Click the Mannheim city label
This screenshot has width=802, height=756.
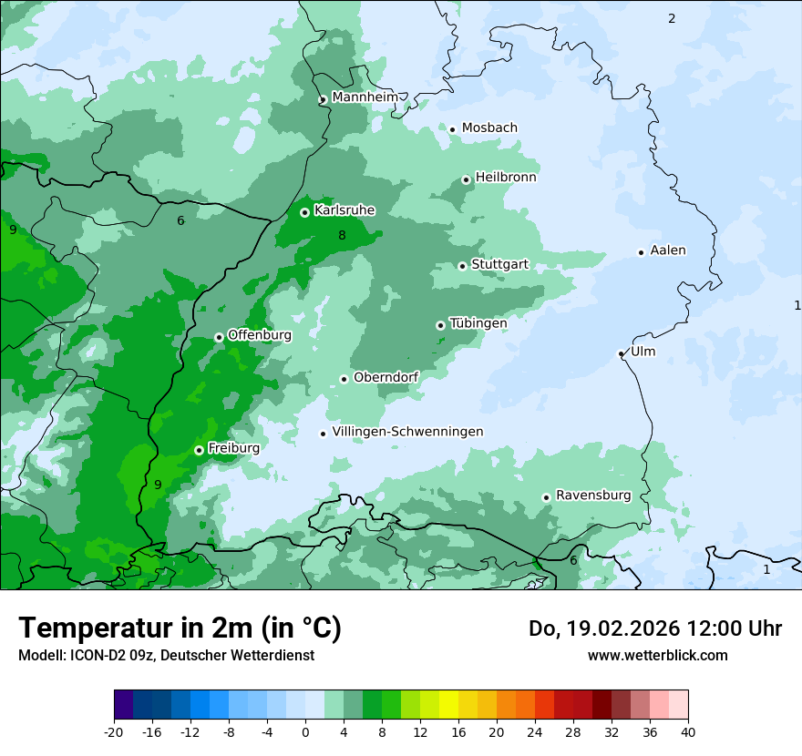click(363, 97)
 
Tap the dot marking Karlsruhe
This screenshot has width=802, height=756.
click(304, 212)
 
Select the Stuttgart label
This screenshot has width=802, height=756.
click(499, 264)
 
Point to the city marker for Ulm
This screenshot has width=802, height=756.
click(621, 353)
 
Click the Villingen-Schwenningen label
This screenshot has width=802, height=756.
click(407, 432)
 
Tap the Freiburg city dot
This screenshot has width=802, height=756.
click(199, 450)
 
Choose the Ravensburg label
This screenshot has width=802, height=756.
click(592, 495)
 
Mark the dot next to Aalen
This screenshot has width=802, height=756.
click(641, 252)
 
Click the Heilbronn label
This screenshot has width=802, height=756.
click(506, 177)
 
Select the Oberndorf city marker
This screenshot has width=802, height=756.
click(344, 379)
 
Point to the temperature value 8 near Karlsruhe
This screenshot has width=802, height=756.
click(342, 235)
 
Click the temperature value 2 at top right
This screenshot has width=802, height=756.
click(672, 18)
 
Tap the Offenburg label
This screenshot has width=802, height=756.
click(259, 334)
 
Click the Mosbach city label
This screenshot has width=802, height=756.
click(489, 128)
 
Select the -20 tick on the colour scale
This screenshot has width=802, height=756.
click(114, 731)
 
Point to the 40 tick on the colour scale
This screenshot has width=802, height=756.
click(688, 731)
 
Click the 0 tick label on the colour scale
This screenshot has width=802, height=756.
click(305, 731)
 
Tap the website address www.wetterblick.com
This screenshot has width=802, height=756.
click(657, 655)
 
